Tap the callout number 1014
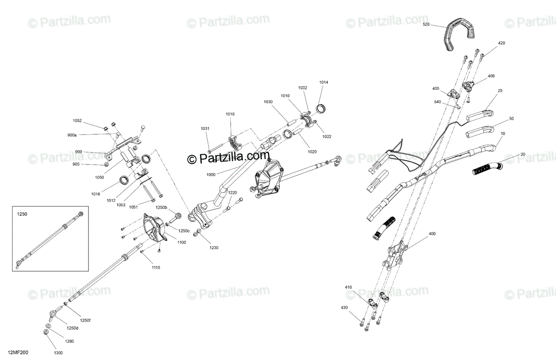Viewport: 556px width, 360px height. tap(323, 82)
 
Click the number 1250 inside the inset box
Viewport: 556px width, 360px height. tap(22, 215)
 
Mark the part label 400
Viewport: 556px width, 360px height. tap(432, 234)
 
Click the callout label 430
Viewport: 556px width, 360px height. tap(344, 308)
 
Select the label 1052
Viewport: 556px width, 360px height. tap(77, 120)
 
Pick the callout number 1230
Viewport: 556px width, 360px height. tap(214, 248)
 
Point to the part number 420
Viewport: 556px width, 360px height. tap(502, 43)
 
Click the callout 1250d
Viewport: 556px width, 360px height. tap(72, 328)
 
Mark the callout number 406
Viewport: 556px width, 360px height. tap(491, 76)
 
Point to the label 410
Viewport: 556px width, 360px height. tap(348, 288)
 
